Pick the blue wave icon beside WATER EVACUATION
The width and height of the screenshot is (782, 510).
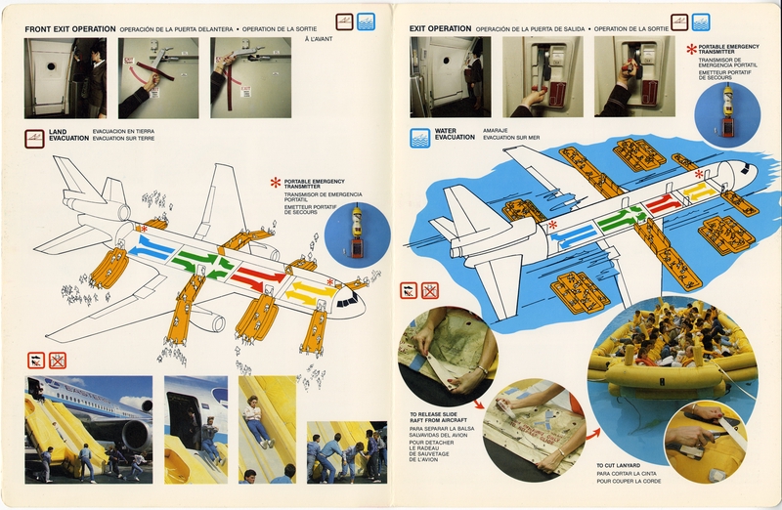click(x=420, y=137)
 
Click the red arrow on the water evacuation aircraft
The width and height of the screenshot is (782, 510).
click(x=660, y=204)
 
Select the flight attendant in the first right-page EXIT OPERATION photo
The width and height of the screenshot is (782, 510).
click(x=474, y=76)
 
